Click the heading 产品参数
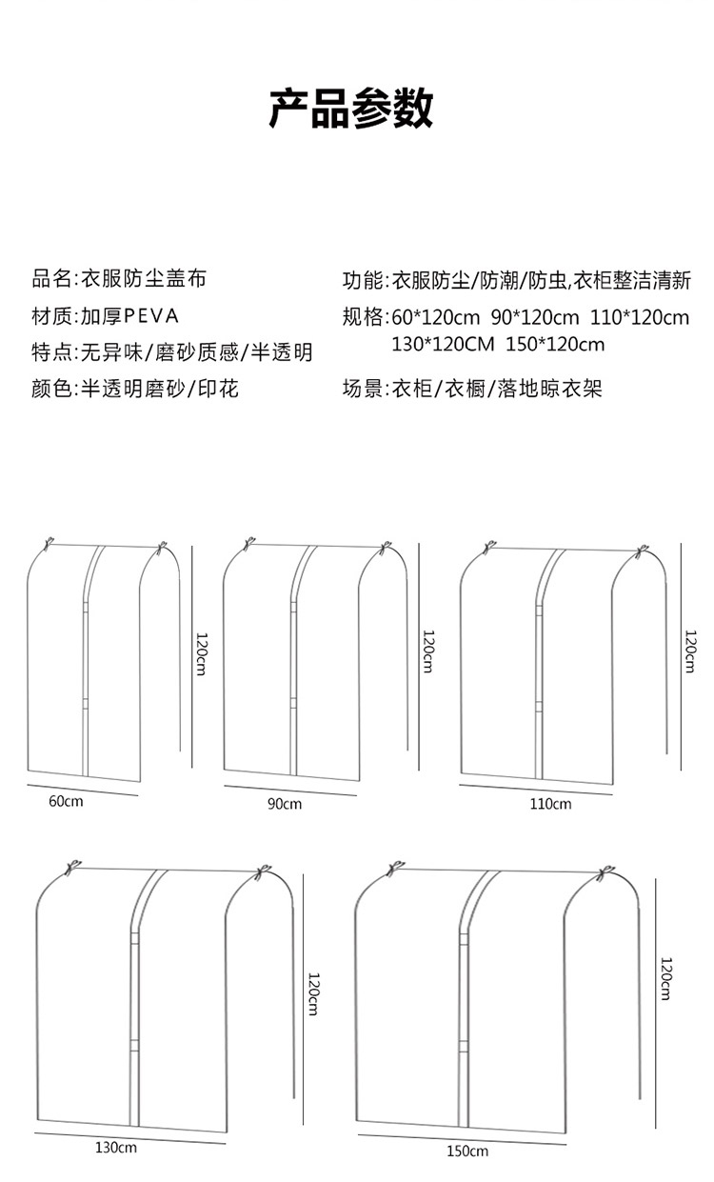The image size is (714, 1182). point(351,109)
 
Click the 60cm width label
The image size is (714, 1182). point(67,801)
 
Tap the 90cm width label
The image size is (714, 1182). point(284,805)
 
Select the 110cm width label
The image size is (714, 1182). point(550,804)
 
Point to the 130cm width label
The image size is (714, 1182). point(115,1148)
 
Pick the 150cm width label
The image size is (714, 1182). point(467,1152)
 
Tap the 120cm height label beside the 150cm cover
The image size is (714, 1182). point(666,979)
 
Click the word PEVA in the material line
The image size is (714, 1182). point(151,316)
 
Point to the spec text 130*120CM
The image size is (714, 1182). point(443,345)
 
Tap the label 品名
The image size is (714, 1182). point(50,279)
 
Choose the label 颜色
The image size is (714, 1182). point(50,389)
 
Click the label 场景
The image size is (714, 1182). point(363,389)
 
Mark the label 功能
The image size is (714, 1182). point(363,280)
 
